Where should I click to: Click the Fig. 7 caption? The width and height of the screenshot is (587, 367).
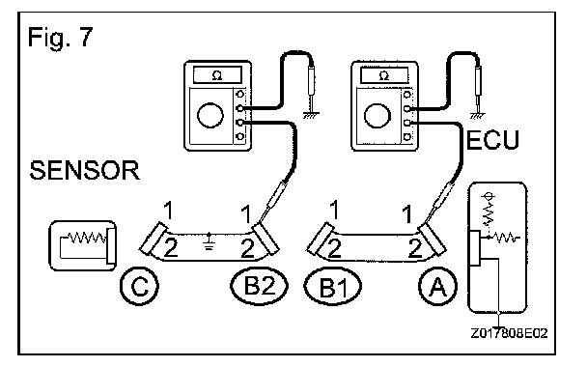point(60,38)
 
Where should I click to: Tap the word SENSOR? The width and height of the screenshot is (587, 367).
point(85,170)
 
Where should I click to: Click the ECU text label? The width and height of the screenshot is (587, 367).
point(492,140)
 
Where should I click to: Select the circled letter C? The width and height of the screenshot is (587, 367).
point(139,286)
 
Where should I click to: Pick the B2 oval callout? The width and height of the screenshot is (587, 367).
point(259,285)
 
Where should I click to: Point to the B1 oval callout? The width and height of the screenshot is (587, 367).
point(333,287)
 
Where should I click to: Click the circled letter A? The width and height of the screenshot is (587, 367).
point(437,287)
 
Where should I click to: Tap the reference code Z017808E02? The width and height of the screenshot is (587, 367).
point(509,333)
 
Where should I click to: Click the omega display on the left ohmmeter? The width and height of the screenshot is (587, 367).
point(217,75)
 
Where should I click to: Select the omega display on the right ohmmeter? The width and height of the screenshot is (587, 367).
point(384,75)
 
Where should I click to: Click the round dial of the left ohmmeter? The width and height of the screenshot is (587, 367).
point(210,115)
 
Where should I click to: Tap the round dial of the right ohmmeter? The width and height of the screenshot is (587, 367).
point(377,115)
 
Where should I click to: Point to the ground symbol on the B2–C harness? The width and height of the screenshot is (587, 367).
point(210,241)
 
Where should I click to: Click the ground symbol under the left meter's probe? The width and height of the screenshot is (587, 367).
point(311,115)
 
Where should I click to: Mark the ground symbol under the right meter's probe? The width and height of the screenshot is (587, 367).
point(478,115)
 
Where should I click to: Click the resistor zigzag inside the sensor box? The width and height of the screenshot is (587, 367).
point(87,238)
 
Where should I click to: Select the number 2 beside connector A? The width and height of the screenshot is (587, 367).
point(415,248)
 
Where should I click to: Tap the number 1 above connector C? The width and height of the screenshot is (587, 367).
point(169,211)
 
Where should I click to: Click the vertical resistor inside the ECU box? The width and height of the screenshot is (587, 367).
point(489,212)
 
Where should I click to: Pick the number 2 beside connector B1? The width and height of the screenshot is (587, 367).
point(334,248)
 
